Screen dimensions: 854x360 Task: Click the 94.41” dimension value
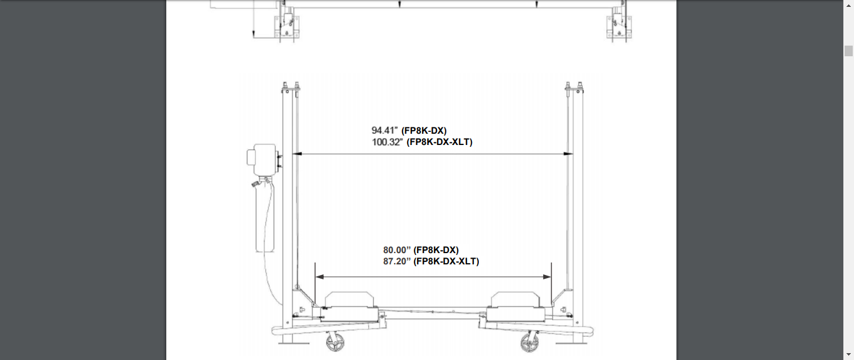[384, 131]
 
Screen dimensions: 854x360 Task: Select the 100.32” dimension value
[388, 142]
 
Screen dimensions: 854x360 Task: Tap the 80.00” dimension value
[397, 250]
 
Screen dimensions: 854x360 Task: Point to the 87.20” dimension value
[397, 261]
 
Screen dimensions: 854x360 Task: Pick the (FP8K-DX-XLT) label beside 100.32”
[440, 142]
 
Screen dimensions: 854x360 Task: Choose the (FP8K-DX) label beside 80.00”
[436, 250]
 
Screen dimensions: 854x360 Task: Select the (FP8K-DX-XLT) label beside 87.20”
[446, 261]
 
